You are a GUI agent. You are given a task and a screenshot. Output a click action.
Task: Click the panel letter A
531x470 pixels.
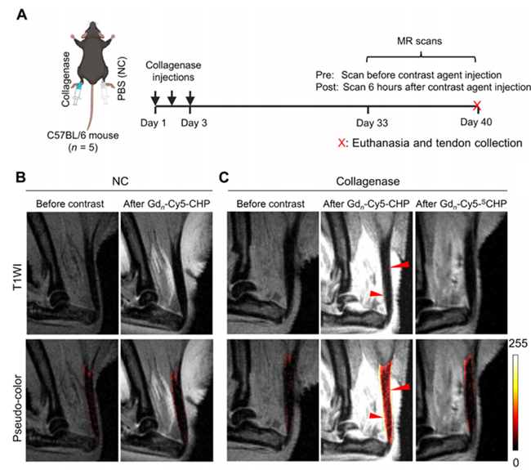[x=22, y=15]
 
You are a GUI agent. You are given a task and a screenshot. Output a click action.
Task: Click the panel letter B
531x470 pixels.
[x=20, y=177]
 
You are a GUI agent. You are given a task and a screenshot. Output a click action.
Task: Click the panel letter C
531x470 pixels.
[x=224, y=177]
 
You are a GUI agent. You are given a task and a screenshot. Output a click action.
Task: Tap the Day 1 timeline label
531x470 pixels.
[x=154, y=123]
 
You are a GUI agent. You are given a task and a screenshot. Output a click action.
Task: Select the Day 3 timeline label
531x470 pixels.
[x=194, y=123]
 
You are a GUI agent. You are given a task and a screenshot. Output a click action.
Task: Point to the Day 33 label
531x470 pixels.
[x=372, y=123]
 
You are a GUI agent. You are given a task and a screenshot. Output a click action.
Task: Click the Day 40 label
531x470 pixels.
[x=475, y=122]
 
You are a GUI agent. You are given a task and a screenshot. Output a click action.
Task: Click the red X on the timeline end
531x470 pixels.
[x=477, y=105]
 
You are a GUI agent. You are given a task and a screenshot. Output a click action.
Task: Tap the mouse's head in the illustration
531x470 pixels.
[x=92, y=30]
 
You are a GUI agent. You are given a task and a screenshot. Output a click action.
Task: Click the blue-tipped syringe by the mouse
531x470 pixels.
[x=78, y=94]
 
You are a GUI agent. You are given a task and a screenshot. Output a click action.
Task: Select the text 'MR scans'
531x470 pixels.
[x=419, y=41]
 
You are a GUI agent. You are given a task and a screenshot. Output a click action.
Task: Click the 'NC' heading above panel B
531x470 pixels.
[x=120, y=181]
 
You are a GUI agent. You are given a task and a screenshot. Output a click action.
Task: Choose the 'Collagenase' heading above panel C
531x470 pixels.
[x=368, y=181]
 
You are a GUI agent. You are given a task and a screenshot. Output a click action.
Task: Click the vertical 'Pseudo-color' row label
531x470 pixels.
[x=17, y=409]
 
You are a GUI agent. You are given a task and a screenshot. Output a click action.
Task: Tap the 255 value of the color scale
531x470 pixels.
[x=518, y=343]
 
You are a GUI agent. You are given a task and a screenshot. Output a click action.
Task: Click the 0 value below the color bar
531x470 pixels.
[x=515, y=462]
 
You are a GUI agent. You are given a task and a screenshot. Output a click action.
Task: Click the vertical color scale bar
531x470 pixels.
[x=515, y=402]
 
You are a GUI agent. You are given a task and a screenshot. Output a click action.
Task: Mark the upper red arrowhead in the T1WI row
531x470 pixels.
[x=400, y=264]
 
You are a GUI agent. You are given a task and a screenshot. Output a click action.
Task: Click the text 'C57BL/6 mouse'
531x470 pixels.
[x=83, y=135]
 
